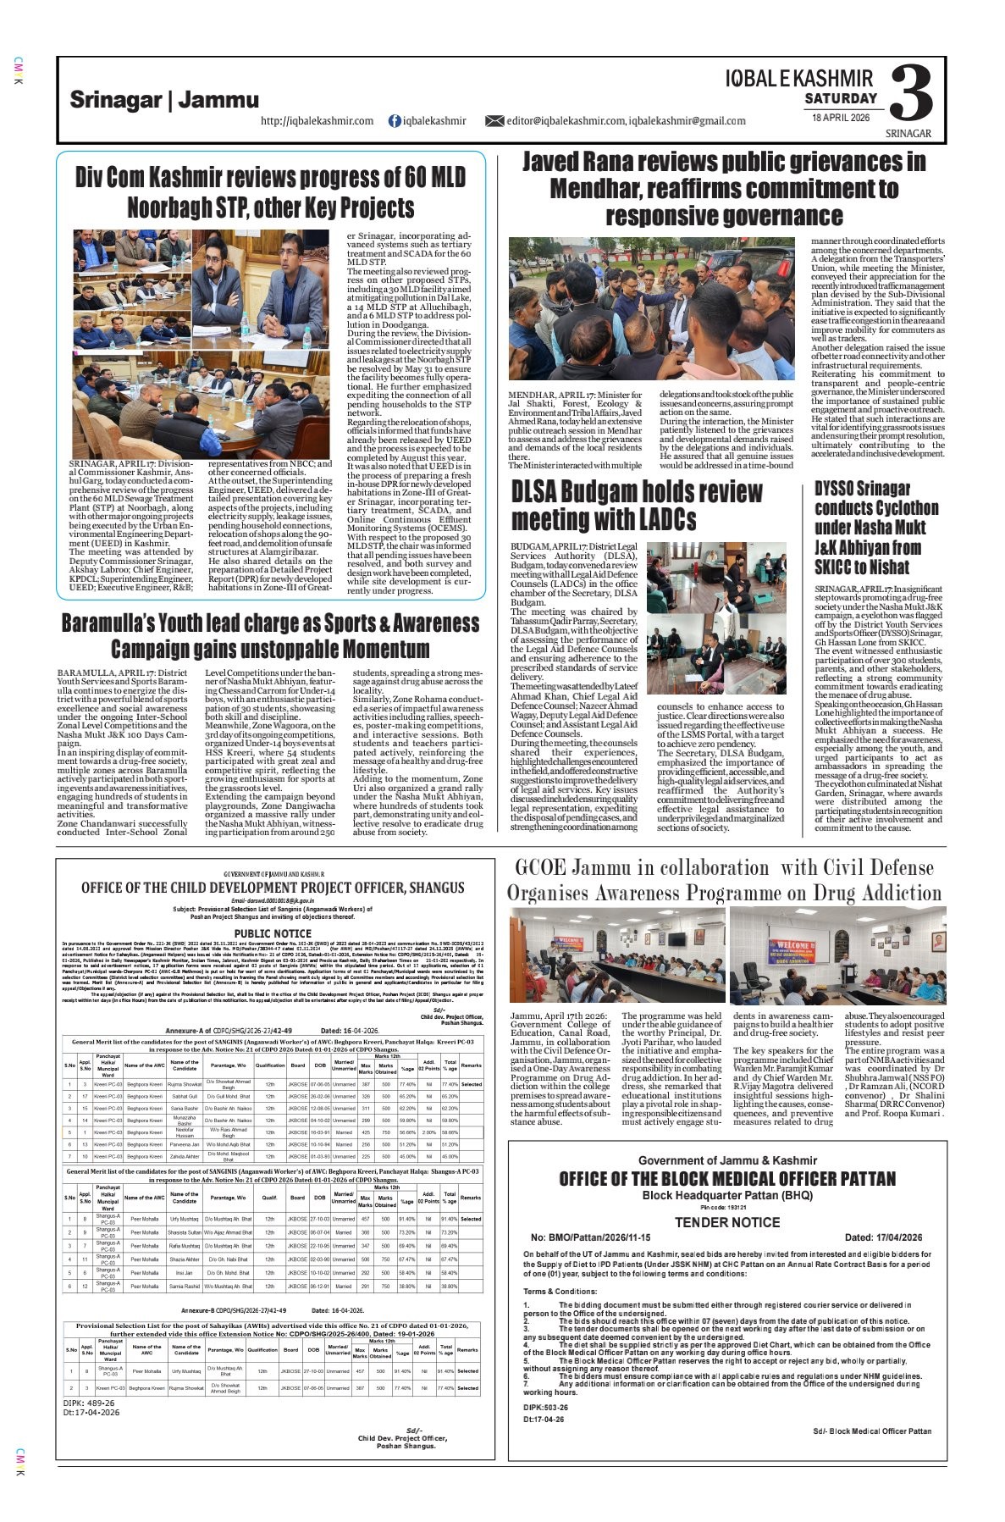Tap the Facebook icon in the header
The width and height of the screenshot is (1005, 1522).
(x=394, y=121)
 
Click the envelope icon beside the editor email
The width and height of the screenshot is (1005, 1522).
(x=494, y=121)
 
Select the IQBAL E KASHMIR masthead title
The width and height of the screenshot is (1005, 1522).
(x=798, y=80)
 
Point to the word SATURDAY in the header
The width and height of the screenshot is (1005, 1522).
(x=840, y=99)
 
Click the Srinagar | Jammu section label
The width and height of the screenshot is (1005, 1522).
(x=164, y=100)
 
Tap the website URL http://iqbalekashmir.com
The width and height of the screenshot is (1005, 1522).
(x=318, y=121)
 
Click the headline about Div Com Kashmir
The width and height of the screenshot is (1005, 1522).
(x=270, y=192)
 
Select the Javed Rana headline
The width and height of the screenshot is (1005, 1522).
(x=723, y=188)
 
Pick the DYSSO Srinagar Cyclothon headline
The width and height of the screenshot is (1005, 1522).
(x=876, y=527)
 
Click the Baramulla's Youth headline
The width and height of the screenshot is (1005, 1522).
(x=270, y=636)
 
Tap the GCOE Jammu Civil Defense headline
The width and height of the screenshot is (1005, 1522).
(x=724, y=880)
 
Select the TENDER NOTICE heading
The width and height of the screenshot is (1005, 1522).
(x=726, y=1222)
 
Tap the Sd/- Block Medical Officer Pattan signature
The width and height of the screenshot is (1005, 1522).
(x=871, y=1431)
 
